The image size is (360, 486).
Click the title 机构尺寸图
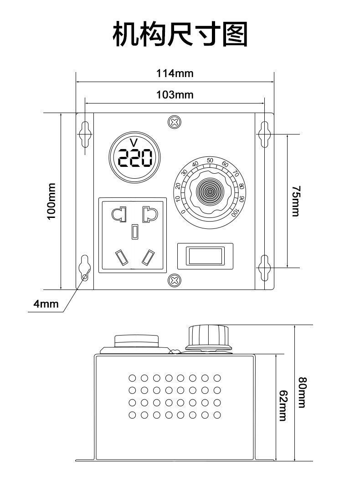click(180, 34)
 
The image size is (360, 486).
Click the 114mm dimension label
click(175, 73)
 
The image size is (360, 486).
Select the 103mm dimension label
click(175, 95)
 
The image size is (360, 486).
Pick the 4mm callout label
click(46, 304)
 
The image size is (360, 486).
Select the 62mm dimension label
click(283, 406)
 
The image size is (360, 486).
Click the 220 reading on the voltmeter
click(135, 159)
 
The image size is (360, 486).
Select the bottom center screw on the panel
click(174, 280)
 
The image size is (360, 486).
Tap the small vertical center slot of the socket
click(134, 232)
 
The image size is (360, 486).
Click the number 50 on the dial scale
click(210, 160)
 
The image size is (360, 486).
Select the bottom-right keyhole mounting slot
click(264, 269)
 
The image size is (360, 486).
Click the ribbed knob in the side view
click(207, 336)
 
